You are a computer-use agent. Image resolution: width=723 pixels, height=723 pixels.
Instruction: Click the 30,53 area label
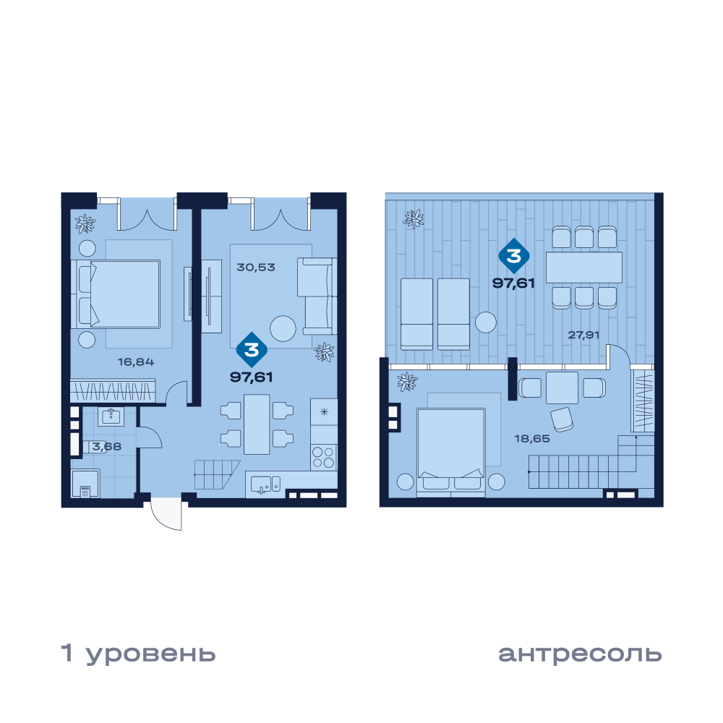tap(255, 267)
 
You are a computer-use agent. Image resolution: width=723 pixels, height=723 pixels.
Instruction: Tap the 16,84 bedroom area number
tap(136, 362)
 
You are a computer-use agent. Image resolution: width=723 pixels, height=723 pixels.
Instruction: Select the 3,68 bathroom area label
tap(106, 446)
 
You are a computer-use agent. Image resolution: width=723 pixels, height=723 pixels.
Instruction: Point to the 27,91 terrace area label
tap(583, 335)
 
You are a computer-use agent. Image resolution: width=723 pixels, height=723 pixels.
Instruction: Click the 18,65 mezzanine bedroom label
tap(532, 439)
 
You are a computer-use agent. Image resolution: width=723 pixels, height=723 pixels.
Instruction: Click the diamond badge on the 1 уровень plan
tap(252, 349)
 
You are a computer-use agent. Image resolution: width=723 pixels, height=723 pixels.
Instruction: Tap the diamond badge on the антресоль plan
tap(513, 255)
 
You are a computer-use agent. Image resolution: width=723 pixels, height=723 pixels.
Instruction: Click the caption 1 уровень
tap(138, 654)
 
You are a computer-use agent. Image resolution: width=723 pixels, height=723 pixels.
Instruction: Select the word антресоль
tap(580, 654)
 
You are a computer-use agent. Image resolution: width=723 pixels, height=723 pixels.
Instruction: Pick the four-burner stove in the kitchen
tap(324, 458)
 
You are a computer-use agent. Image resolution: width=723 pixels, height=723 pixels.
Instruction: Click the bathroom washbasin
tap(111, 416)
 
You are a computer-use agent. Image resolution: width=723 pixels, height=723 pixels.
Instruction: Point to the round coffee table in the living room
tap(283, 328)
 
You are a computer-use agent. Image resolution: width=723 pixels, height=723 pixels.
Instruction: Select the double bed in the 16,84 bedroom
tap(116, 294)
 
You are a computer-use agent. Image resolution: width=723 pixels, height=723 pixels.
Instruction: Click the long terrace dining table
tap(584, 267)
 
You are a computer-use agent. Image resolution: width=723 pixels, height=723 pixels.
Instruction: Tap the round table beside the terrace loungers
tap(486, 322)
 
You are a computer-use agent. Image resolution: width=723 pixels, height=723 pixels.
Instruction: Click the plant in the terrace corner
tap(413, 219)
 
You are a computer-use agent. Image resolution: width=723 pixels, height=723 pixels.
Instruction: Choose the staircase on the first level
tap(217, 474)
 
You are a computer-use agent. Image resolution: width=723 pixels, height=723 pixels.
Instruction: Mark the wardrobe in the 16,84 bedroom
tap(113, 391)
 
